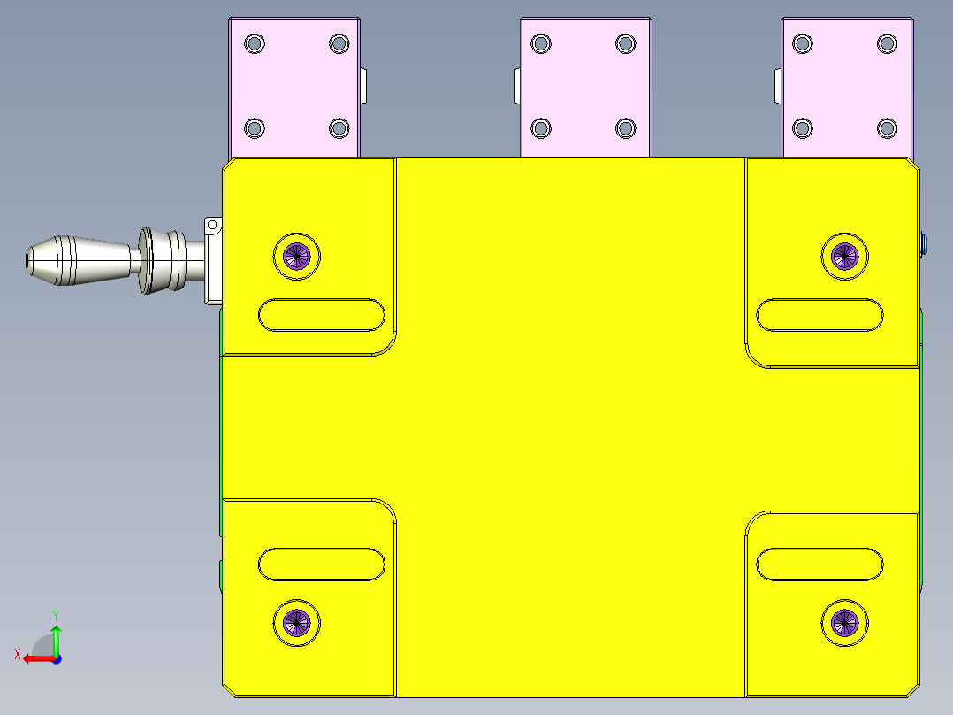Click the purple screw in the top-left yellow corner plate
[296, 257]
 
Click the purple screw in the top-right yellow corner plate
[845, 257]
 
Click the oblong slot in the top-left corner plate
[322, 315]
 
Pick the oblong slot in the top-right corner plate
[820, 315]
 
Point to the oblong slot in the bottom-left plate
[322, 565]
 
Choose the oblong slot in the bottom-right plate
[820, 565]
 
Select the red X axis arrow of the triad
[33, 658]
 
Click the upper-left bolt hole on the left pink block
[255, 43]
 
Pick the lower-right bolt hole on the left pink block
[339, 128]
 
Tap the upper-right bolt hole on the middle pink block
[626, 43]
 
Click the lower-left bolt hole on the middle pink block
[541, 128]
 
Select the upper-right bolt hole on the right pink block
[887, 43]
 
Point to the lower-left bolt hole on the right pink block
[803, 128]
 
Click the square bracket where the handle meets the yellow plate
[212, 261]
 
